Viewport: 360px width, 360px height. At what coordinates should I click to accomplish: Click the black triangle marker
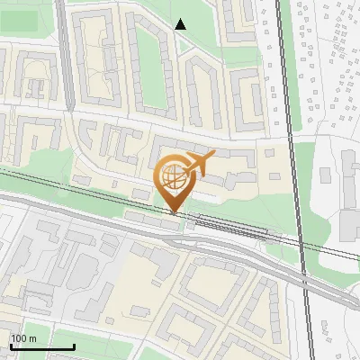click(181, 24)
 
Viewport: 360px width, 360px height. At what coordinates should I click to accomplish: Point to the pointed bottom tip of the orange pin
click(174, 213)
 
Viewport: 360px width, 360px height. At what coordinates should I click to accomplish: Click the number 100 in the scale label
click(19, 337)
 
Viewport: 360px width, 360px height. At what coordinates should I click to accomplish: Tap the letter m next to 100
click(32, 337)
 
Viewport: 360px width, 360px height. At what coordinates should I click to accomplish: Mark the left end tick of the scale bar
click(10, 346)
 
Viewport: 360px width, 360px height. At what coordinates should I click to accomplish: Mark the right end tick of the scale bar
click(74, 346)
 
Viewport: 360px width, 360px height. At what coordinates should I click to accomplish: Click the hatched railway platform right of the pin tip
click(229, 225)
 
